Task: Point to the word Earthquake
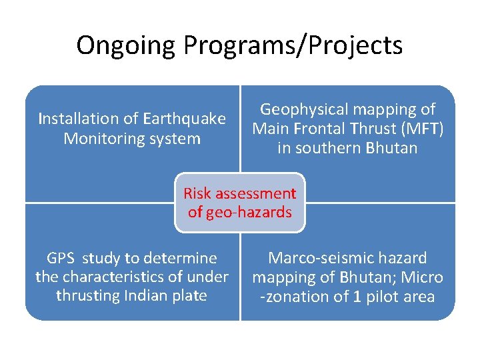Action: click(184, 119)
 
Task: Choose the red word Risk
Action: click(197, 193)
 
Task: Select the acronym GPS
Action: click(62, 258)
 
